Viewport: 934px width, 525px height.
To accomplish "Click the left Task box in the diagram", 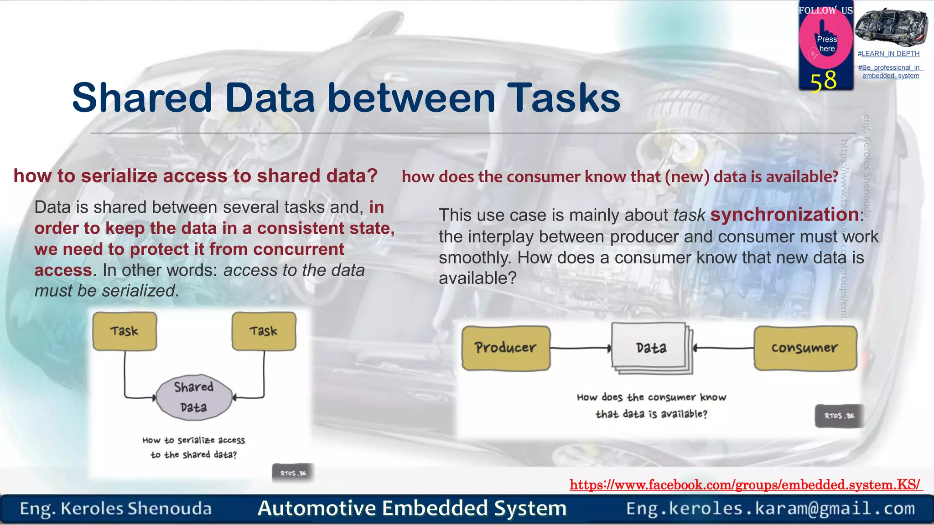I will tap(125, 331).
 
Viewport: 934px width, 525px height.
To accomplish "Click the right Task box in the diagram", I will tap(264, 331).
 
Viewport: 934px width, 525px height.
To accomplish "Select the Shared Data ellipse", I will tap(194, 397).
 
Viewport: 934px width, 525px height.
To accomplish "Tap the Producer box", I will tap(506, 348).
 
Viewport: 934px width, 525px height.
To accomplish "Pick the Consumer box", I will tap(805, 348).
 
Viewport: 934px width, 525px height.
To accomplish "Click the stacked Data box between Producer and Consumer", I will tap(651, 348).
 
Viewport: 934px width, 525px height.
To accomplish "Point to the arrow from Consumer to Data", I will tap(724, 349).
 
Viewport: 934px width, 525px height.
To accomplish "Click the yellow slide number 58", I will tap(824, 81).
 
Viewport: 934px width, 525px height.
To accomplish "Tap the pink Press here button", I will tap(826, 43).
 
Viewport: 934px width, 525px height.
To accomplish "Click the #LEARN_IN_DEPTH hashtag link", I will tap(888, 54).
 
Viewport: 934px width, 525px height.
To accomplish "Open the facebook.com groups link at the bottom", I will tap(745, 484).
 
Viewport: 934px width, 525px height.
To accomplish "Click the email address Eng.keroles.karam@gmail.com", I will tap(770, 509).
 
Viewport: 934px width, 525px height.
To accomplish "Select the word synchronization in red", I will tap(784, 215).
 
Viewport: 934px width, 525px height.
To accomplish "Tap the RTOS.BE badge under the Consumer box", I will tap(839, 416).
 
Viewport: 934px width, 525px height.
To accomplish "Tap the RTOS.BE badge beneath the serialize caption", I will tap(293, 473).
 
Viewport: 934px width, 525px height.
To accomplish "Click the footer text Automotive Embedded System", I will tap(412, 509).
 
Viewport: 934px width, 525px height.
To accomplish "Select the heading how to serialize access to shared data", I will tap(196, 176).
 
